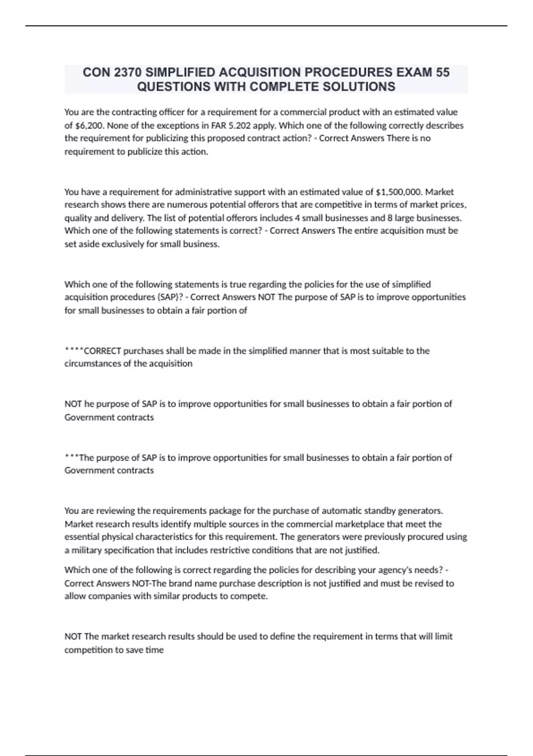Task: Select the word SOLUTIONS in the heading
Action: pyautogui.click(x=359, y=86)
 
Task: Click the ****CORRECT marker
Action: pyautogui.click(x=93, y=351)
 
